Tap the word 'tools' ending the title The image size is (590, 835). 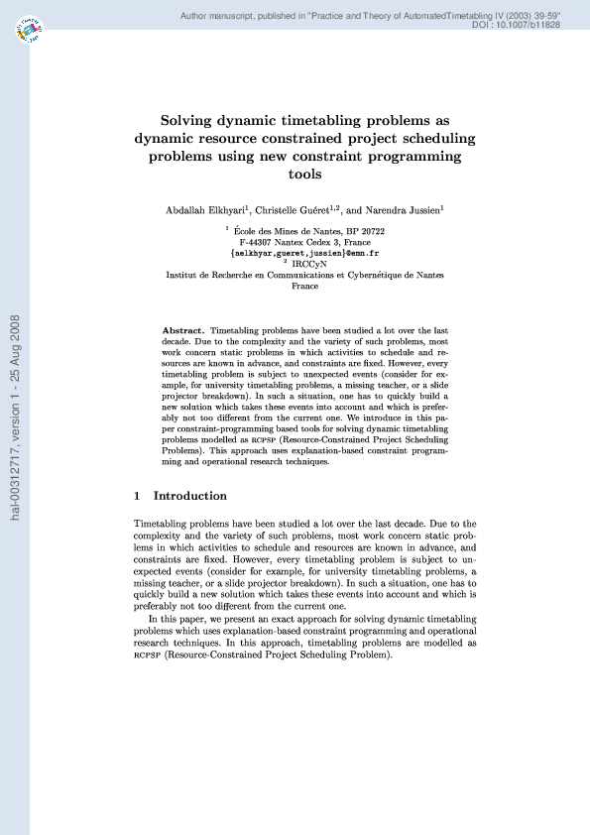click(305, 175)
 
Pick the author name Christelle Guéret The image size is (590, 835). click(295, 210)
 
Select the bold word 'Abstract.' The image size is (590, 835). click(183, 329)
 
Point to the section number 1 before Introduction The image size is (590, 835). click(137, 496)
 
